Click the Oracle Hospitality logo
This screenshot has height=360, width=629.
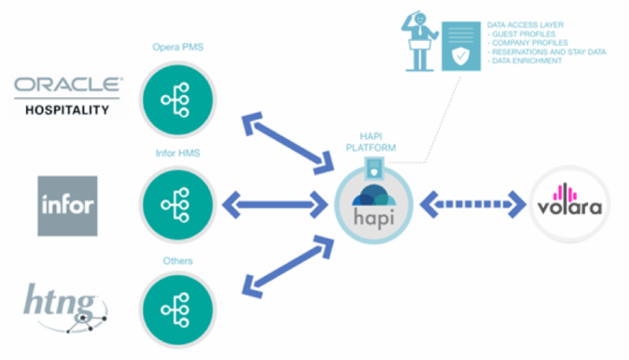click(x=68, y=96)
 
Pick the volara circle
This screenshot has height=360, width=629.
click(x=569, y=206)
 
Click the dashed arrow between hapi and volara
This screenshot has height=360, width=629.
click(x=472, y=206)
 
